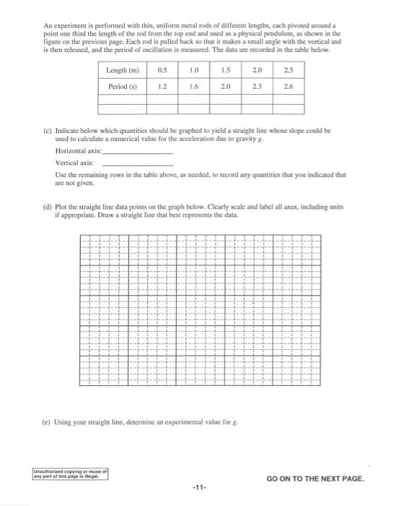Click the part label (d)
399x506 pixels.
pos(48,207)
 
